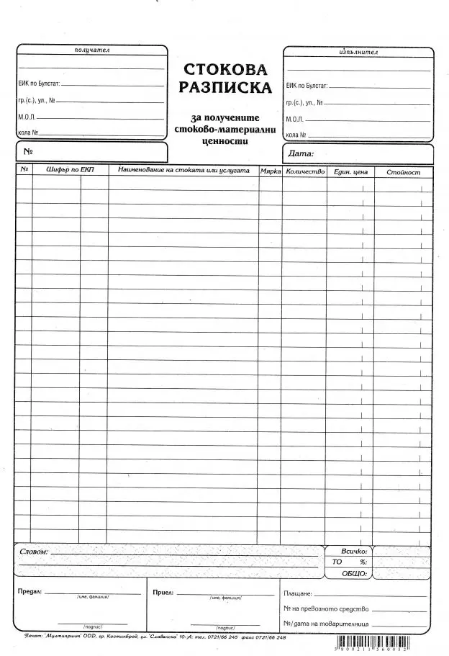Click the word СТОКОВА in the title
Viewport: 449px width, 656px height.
225,70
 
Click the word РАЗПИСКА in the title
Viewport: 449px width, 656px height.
225,88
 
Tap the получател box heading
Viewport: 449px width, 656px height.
91,50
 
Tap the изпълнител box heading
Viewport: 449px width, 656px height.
358,53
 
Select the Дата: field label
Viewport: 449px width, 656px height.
301,153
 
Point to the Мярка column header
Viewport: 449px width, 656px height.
271,171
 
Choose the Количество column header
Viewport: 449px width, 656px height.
305,171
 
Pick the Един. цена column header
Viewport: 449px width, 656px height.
350,172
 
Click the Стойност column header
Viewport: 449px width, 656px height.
403,172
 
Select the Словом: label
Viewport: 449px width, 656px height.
35,551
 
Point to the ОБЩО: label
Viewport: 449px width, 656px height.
355,574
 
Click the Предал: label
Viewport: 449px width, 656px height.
30,591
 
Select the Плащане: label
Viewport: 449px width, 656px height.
298,593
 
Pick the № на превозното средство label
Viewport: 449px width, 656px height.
325,609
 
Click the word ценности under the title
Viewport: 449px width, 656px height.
225,140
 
